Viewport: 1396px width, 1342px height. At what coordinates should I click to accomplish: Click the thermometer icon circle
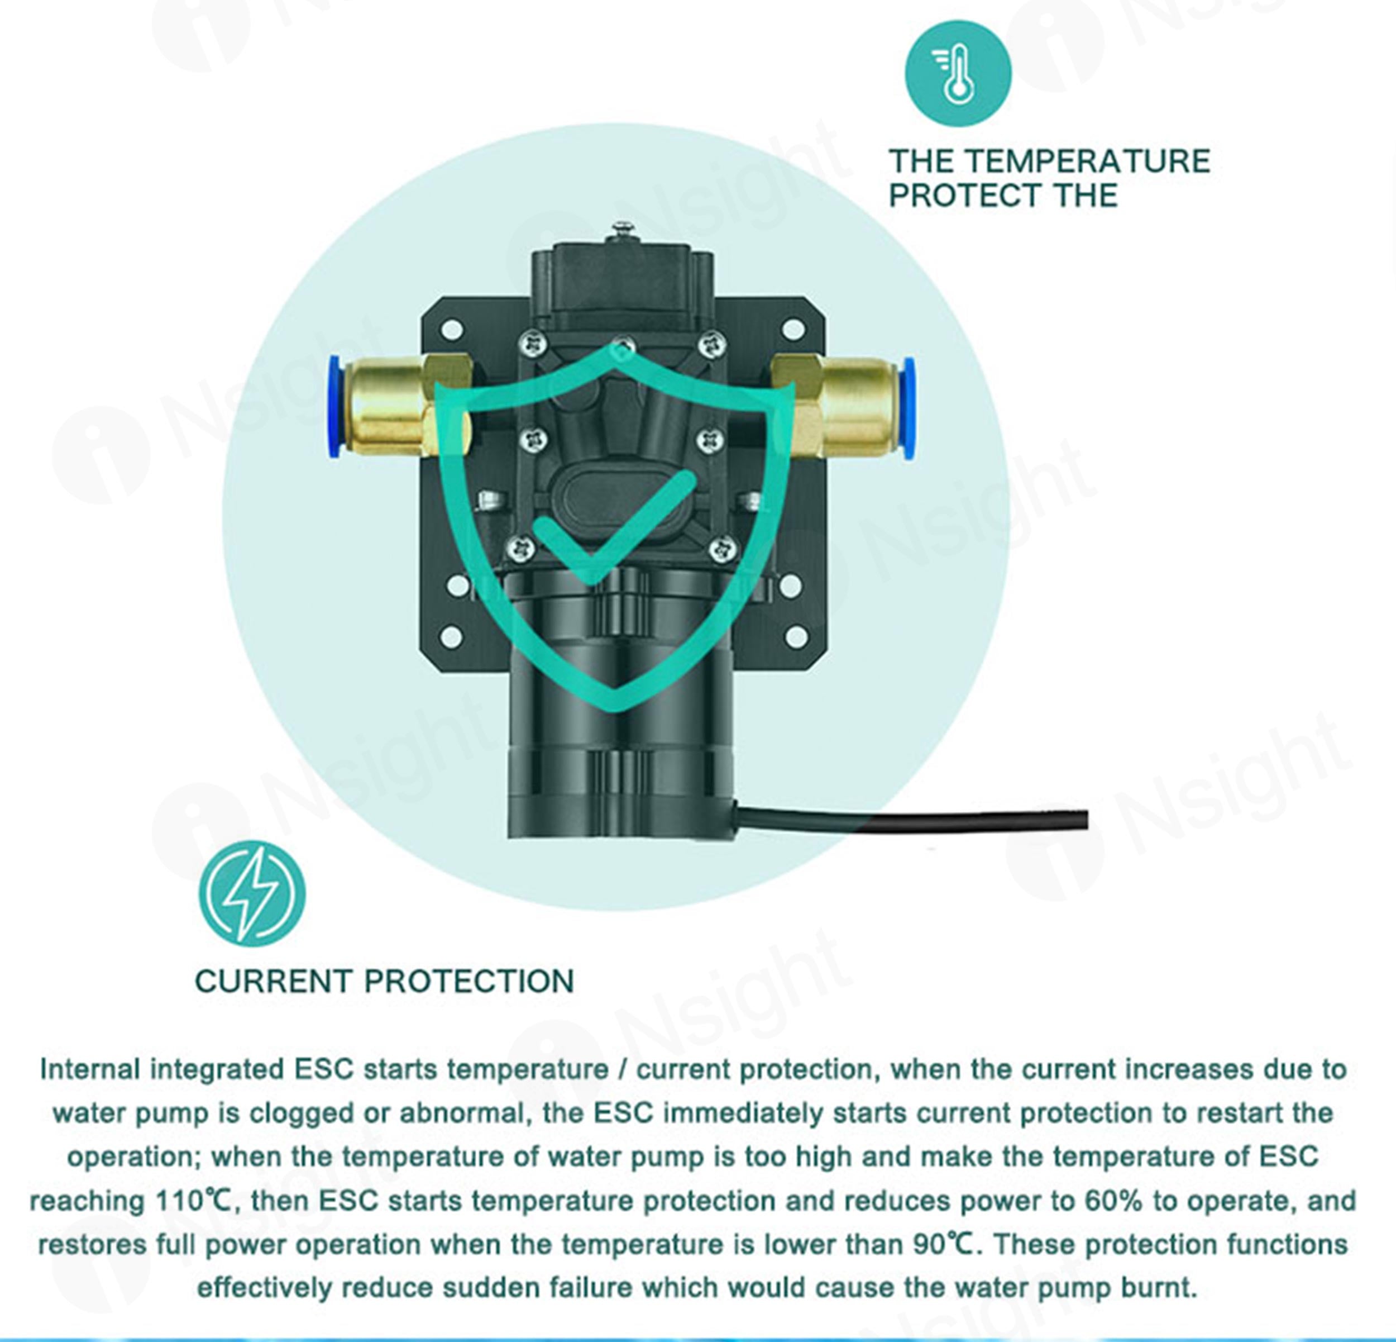[x=958, y=73]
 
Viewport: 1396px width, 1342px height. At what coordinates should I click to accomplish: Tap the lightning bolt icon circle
[x=252, y=894]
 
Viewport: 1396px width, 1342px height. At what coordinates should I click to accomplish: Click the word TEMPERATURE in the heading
[x=1088, y=161]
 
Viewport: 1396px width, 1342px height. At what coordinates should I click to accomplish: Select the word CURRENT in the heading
[x=273, y=982]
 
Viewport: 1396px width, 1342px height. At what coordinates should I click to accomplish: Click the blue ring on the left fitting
[x=334, y=408]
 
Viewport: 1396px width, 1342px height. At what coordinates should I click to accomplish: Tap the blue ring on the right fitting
[x=908, y=408]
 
